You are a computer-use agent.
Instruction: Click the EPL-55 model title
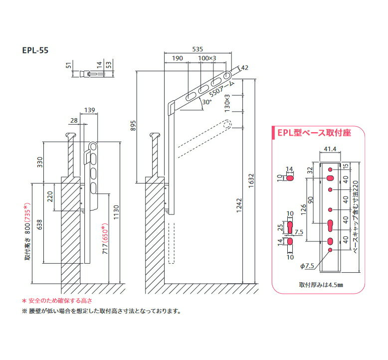35,50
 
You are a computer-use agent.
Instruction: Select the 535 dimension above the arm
197,49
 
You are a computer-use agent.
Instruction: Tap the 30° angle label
206,102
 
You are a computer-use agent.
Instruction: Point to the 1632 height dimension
251,181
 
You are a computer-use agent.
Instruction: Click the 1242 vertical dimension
239,205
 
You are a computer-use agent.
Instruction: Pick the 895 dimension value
133,126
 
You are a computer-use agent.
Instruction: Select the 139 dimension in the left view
90,110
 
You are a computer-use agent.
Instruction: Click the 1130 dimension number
116,212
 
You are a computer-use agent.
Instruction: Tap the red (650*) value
105,231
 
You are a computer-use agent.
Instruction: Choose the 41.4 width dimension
330,149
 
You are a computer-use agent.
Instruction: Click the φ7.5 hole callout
307,266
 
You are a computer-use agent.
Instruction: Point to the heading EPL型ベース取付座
314,133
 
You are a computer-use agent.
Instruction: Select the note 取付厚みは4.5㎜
321,285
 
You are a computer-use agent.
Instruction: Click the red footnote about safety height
57,301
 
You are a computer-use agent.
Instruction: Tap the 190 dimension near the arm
178,58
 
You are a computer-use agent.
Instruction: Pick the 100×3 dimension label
207,58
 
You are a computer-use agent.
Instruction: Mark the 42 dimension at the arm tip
244,67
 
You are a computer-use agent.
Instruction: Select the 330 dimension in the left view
40,162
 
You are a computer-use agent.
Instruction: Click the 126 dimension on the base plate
303,209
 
